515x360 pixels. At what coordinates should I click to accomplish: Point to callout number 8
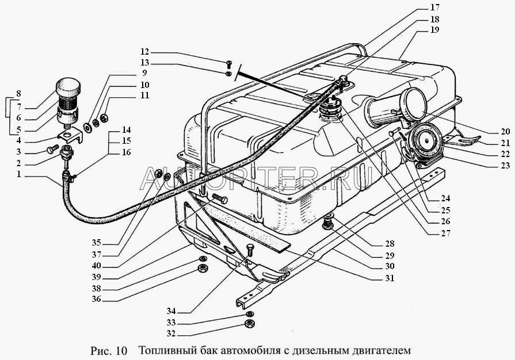(x=18, y=94)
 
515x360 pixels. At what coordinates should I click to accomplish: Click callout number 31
(x=390, y=278)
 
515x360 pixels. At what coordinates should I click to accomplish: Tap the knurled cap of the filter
(x=68, y=89)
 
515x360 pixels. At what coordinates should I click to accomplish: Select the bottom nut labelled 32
(x=250, y=324)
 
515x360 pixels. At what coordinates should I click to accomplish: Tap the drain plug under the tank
(x=329, y=221)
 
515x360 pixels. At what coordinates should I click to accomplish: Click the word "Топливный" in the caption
(x=166, y=350)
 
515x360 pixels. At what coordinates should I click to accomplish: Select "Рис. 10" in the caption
(x=108, y=350)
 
